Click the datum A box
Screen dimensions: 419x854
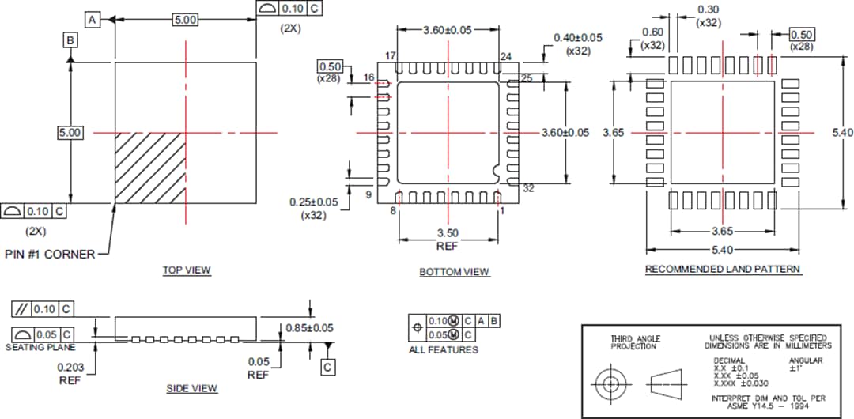pos(93,19)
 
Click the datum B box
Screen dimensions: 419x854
pos(70,40)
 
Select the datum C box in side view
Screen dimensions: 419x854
pos(328,367)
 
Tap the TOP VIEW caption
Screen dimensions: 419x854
pos(187,270)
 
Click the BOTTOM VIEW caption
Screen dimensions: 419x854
pos(454,272)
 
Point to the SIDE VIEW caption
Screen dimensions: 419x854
pos(191,388)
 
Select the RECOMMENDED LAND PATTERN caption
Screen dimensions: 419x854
pos(723,270)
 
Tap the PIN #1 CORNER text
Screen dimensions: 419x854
pos(50,254)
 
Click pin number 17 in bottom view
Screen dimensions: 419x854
pos(390,55)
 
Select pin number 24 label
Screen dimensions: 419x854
pos(506,55)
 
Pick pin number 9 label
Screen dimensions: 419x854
pos(368,194)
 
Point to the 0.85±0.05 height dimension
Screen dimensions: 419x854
pos(309,327)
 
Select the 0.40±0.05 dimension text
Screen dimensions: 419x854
pos(577,37)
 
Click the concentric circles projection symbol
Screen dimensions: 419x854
pos(610,384)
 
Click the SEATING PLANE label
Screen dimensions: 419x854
pos(40,347)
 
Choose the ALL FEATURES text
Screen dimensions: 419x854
pos(443,349)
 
